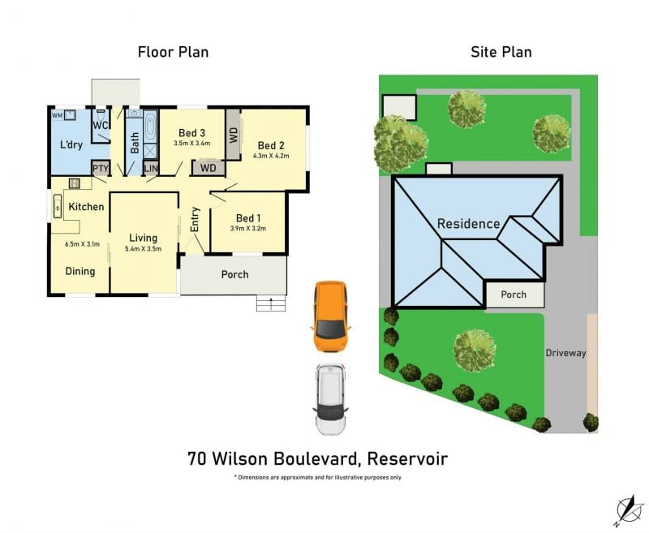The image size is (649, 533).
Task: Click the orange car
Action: tap(330, 316)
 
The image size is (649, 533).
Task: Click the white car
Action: tap(330, 399)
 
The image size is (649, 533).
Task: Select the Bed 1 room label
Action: tap(248, 218)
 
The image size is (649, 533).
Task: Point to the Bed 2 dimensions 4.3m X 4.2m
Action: tap(271, 156)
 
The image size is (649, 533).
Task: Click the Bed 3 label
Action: tap(191, 133)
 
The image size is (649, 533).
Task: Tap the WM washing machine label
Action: tap(57, 115)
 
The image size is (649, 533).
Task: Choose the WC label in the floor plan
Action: tap(100, 126)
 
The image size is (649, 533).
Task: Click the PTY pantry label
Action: tap(100, 169)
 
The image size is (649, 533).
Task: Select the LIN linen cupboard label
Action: tap(151, 169)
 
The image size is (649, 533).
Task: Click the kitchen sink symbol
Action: tap(58, 206)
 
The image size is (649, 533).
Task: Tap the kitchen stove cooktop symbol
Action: tap(75, 183)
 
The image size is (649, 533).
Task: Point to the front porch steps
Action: tap(271, 303)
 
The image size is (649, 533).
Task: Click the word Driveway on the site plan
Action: tap(565, 353)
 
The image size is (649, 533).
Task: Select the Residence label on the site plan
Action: tap(468, 224)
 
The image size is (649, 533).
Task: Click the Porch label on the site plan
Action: tap(514, 294)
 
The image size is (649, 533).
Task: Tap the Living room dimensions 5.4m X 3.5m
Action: tap(144, 249)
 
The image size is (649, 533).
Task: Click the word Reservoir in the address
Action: tap(407, 459)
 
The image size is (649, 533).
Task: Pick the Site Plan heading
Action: tap(501, 52)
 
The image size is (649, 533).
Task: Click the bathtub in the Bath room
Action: tap(151, 126)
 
